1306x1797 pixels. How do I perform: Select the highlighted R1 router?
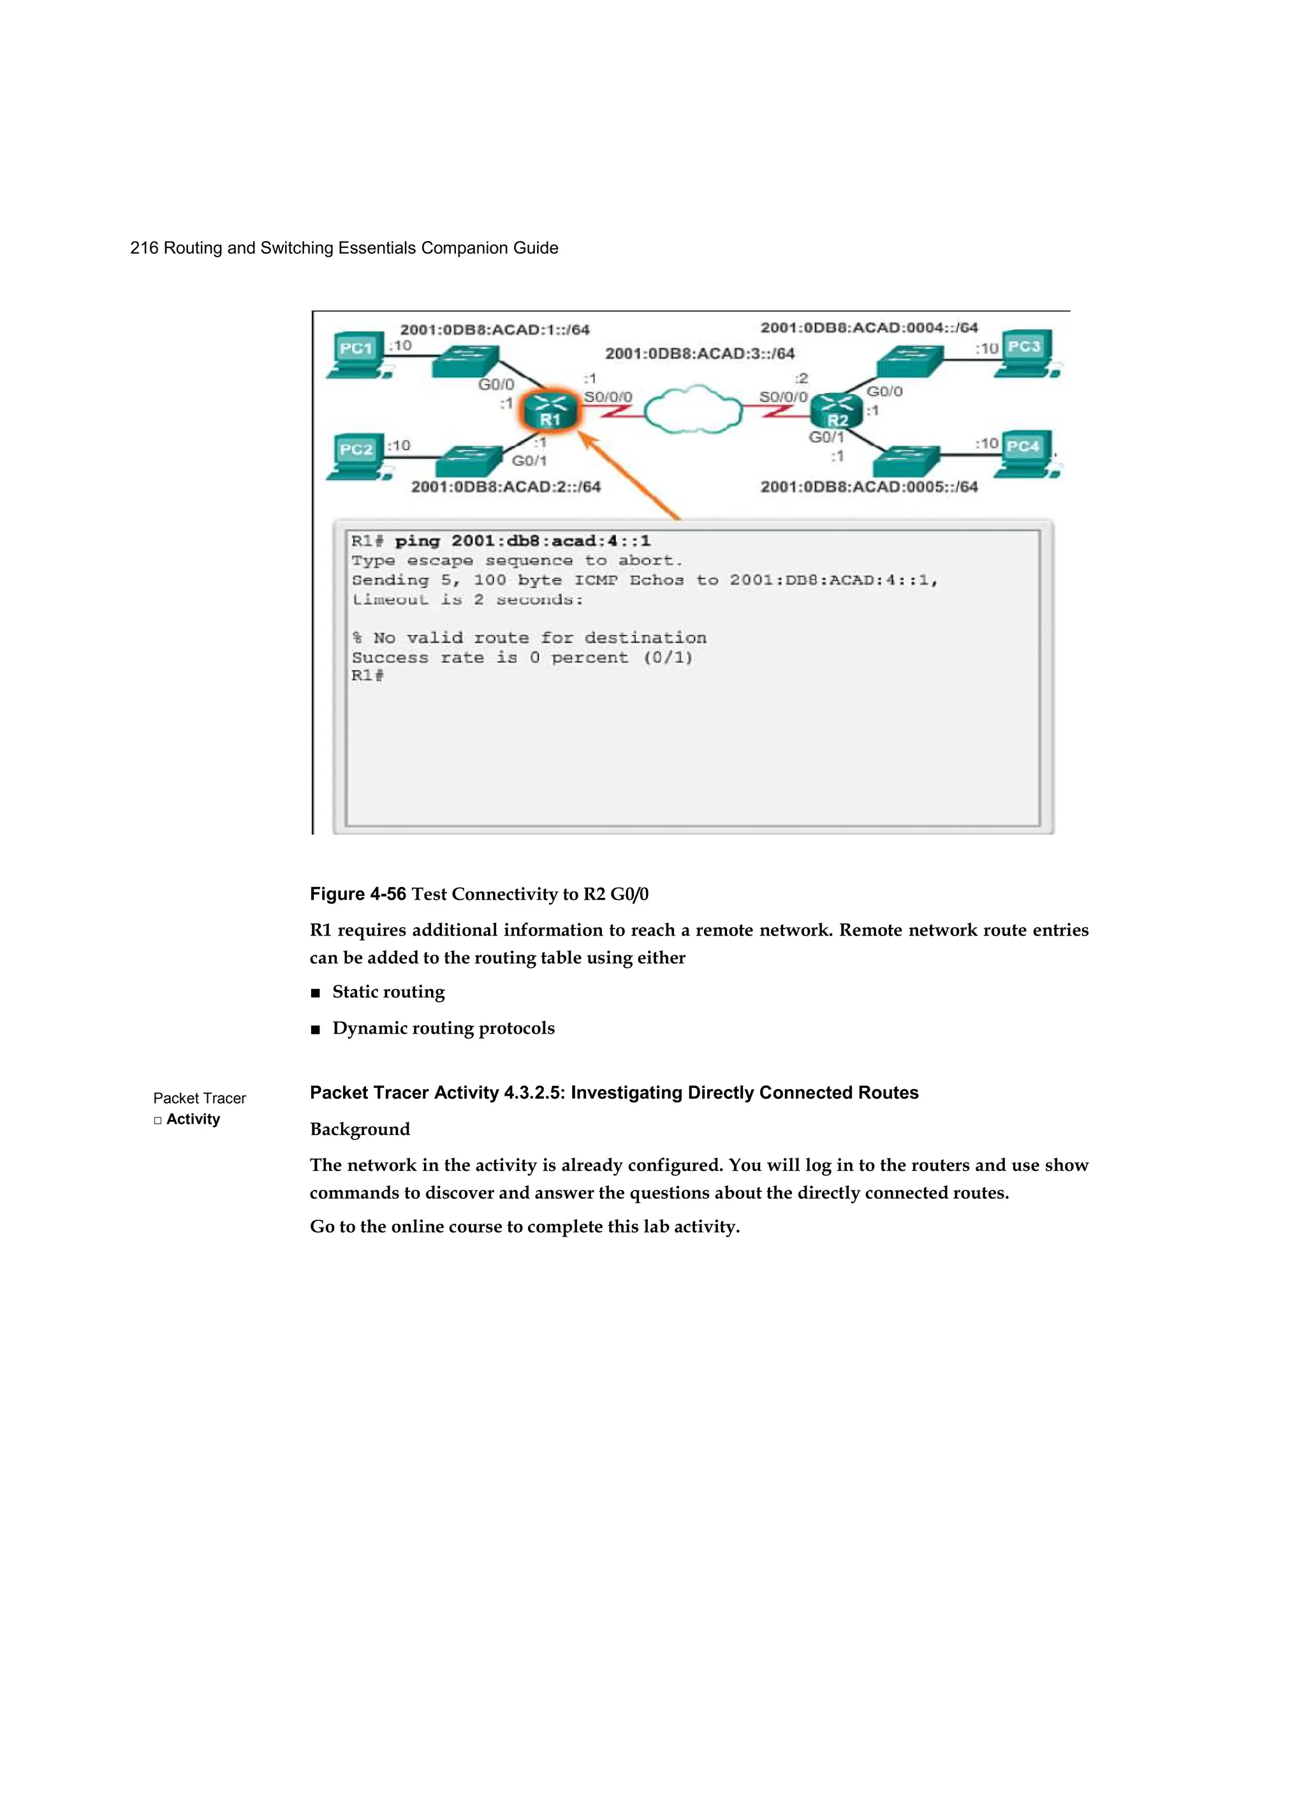click(550, 411)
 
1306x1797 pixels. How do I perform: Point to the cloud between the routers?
click(693, 409)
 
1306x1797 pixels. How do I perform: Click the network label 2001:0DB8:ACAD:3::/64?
click(700, 353)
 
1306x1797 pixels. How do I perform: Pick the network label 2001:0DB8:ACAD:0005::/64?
click(869, 487)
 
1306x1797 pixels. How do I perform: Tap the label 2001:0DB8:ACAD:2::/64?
click(506, 487)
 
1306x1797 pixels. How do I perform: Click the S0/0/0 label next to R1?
click(608, 396)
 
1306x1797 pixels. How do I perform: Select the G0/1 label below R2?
click(826, 437)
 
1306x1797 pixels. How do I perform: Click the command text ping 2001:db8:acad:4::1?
click(522, 541)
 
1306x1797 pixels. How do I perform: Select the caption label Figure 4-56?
click(357, 894)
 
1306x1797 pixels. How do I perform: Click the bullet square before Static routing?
click(316, 994)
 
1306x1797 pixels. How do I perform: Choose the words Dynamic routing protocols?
click(443, 1028)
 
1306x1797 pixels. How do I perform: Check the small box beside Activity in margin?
click(158, 1120)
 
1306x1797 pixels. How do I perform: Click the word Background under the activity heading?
click(360, 1129)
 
